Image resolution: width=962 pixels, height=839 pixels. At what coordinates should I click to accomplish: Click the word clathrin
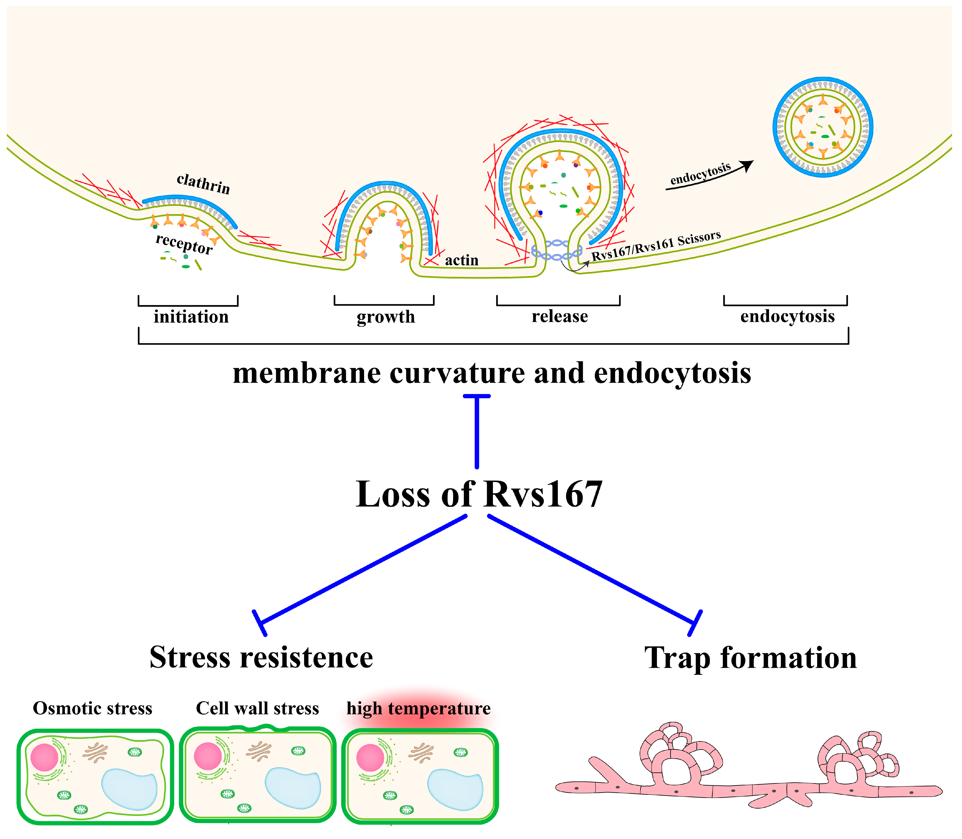(x=203, y=184)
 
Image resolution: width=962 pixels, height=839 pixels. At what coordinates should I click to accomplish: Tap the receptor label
(x=184, y=244)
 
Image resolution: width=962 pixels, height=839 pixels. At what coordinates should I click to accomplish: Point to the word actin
(x=462, y=260)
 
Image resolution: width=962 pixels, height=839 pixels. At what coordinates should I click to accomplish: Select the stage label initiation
(x=191, y=317)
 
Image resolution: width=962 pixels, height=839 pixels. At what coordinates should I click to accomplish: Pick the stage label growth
(x=386, y=317)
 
